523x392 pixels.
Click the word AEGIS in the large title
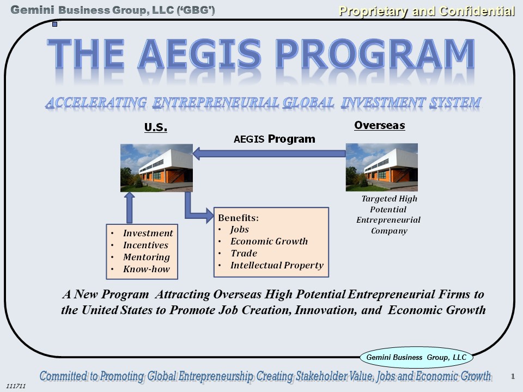[199, 54]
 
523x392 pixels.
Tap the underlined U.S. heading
[156, 127]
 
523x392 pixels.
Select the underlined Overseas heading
[380, 125]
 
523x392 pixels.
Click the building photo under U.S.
[156, 168]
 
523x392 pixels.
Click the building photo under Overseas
[381, 167]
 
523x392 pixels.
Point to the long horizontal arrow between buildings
[269, 154]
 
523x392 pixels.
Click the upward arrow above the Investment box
[130, 207]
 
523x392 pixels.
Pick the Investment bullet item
[148, 233]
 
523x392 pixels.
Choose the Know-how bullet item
[147, 269]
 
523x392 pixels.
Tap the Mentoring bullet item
[147, 257]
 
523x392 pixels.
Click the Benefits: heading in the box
[238, 218]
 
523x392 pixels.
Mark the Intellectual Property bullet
[277, 265]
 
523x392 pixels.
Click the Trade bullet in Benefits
[244, 253]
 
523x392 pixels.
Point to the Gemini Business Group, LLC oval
[416, 357]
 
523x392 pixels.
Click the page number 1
[513, 376]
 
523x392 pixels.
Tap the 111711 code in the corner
[16, 386]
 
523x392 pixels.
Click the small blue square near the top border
[54, 24]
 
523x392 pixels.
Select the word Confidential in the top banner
[477, 11]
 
